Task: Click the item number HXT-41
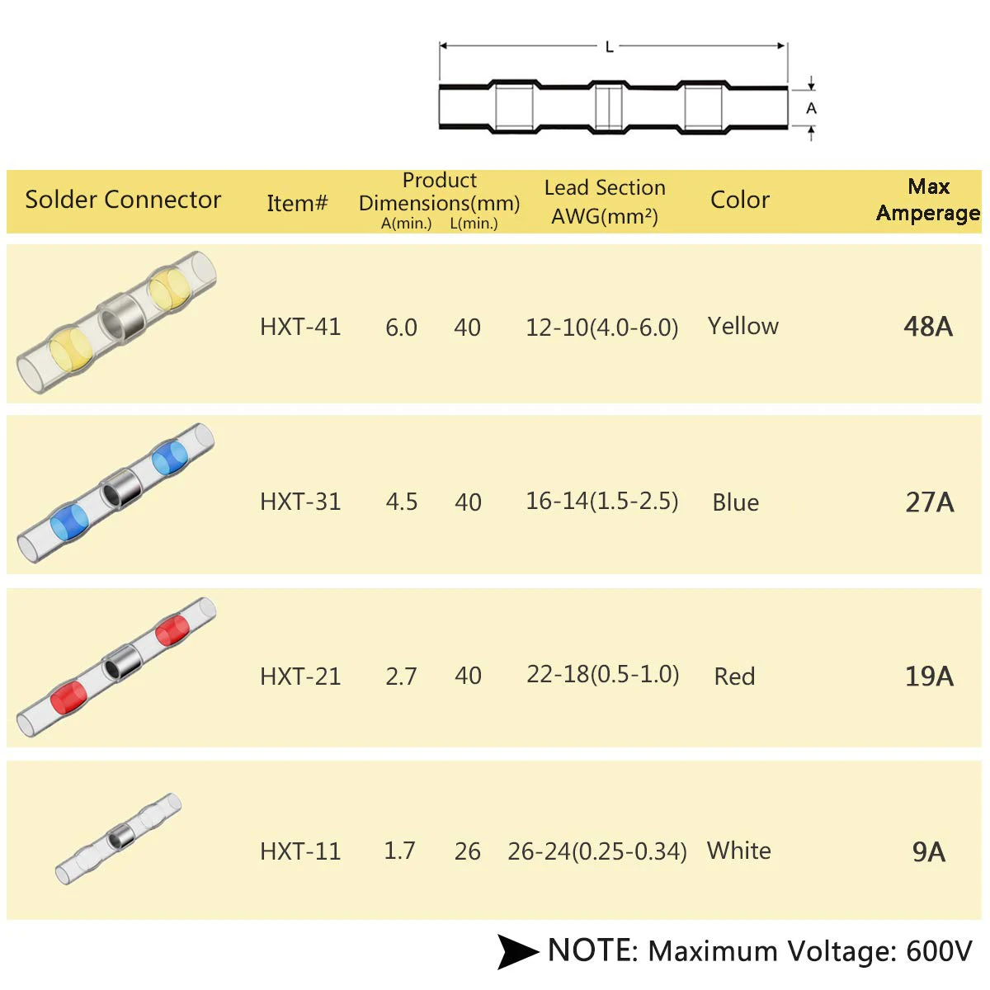[x=300, y=327]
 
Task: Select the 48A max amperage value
[x=928, y=327]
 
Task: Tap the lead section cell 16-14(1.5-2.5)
[x=602, y=501]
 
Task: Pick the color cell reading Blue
[x=735, y=502]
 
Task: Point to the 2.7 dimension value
[x=401, y=676]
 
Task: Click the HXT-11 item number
[x=300, y=851]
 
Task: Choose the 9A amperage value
[x=928, y=851]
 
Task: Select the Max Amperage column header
[x=928, y=200]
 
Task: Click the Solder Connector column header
[x=123, y=200]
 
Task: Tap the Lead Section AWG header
[x=605, y=202]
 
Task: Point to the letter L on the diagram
[x=610, y=47]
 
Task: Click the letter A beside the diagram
[x=811, y=108]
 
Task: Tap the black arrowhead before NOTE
[x=517, y=951]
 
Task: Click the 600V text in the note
[x=939, y=951]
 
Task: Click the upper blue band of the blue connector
[x=170, y=456]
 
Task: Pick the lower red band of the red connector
[x=68, y=698]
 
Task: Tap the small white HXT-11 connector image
[x=118, y=839]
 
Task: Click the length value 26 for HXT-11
[x=467, y=851]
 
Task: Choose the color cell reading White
[x=738, y=851]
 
